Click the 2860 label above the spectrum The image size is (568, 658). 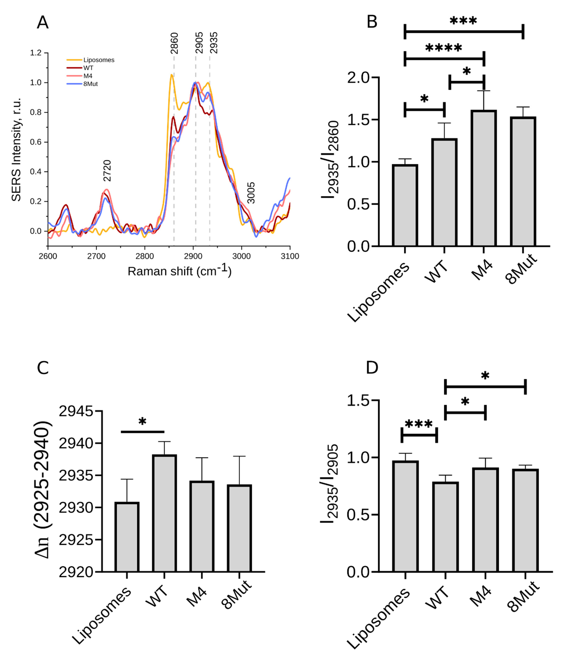(174, 43)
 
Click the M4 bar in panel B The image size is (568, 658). (484, 178)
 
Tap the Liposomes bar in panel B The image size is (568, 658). (405, 205)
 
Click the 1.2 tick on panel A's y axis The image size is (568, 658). (36, 53)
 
